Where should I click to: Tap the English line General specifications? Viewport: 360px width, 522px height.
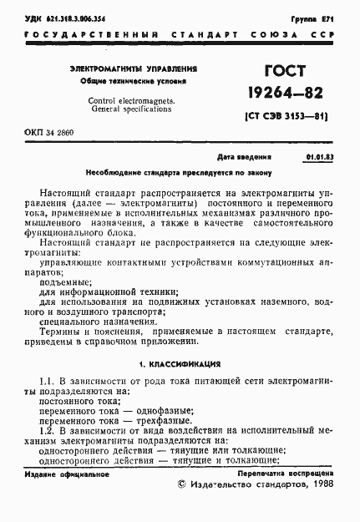(x=134, y=109)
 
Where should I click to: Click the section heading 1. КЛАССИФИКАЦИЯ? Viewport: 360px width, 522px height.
(x=180, y=364)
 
